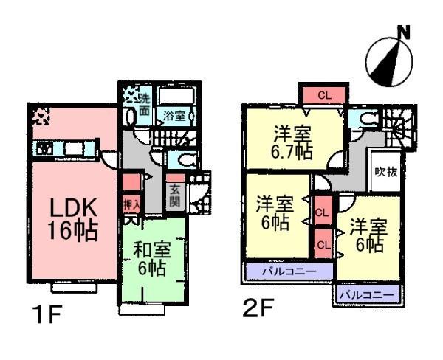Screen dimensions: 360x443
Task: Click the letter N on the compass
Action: pos(403,32)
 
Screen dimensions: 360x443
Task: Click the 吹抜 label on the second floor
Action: pos(386,175)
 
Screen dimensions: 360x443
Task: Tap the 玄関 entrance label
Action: pos(175,195)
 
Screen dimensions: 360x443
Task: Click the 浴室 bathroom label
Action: pos(174,116)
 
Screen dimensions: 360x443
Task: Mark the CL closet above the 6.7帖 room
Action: pos(324,96)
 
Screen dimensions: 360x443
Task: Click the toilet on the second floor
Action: pos(365,118)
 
